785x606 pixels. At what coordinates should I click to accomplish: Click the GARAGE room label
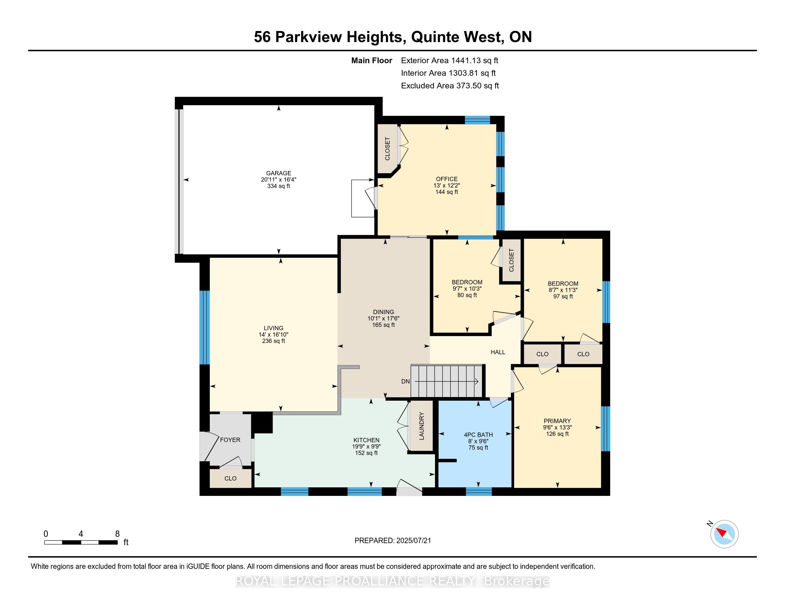coord(278,173)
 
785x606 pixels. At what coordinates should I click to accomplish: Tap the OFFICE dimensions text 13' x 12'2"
coord(446,186)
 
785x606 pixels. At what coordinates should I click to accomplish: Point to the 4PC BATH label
coord(478,435)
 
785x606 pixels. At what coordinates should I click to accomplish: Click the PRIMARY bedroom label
coord(557,421)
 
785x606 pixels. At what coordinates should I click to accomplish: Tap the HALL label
coord(498,352)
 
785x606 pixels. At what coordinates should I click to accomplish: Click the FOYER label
coord(230,440)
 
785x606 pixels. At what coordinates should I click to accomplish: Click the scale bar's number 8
coord(117,534)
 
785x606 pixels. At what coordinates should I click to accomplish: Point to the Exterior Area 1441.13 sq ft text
coord(449,61)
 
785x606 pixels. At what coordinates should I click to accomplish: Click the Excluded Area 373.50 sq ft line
coord(450,86)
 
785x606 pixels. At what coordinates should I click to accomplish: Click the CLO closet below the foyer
coord(231,478)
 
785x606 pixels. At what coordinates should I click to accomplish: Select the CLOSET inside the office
coord(387,149)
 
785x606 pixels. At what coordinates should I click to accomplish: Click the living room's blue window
coord(204,327)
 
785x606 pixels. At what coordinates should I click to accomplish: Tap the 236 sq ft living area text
coord(274,341)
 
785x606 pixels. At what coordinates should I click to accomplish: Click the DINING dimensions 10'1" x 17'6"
coord(383,318)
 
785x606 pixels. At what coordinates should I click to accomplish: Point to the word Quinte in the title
coord(436,37)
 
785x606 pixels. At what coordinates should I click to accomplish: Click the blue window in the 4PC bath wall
coord(478,492)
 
